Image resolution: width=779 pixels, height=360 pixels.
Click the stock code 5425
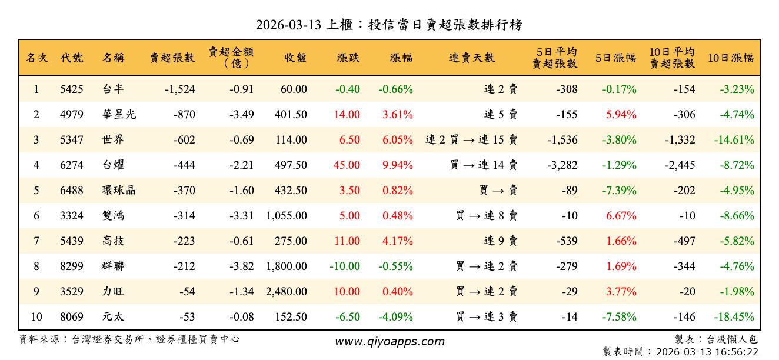(x=72, y=89)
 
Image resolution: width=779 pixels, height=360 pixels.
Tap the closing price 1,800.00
(x=287, y=266)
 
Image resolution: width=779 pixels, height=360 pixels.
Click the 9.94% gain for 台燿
(x=397, y=165)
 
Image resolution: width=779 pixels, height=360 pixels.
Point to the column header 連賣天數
(x=472, y=58)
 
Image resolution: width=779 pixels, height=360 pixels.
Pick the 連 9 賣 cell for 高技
(x=501, y=241)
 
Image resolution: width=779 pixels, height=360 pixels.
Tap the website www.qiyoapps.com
(x=389, y=341)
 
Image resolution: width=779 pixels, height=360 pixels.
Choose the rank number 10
(x=36, y=317)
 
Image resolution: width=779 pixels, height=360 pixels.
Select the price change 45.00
(x=347, y=165)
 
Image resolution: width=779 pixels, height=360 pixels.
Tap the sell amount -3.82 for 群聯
(x=241, y=266)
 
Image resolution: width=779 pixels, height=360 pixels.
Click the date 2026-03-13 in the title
(x=288, y=25)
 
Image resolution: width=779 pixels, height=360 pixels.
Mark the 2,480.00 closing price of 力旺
(x=287, y=292)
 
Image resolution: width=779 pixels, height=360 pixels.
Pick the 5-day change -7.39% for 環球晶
(x=619, y=191)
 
